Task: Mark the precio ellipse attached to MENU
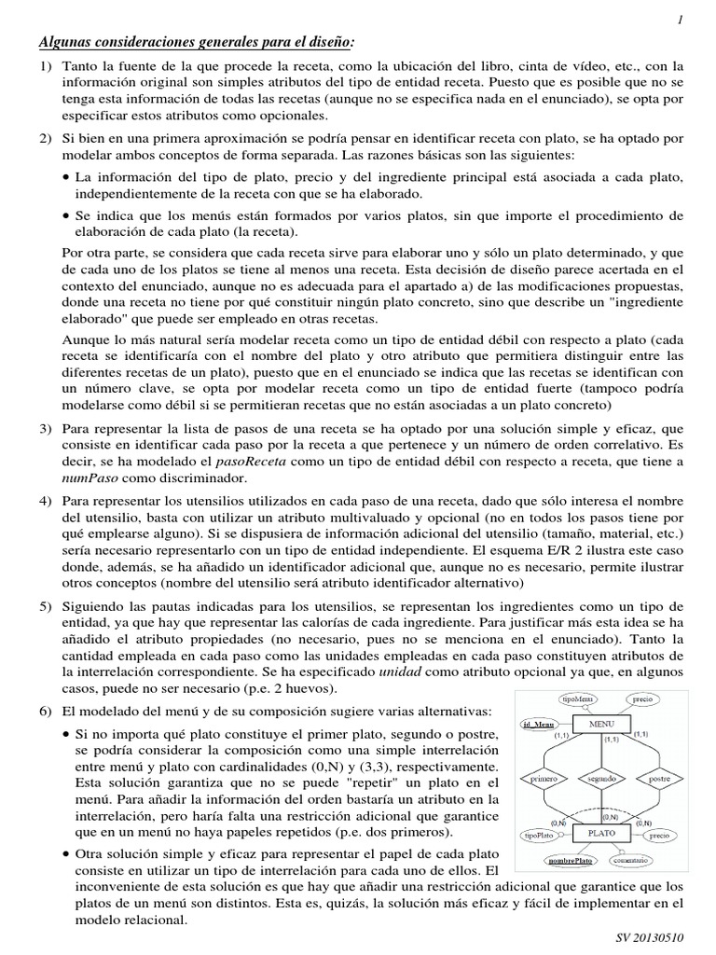tap(642, 698)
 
